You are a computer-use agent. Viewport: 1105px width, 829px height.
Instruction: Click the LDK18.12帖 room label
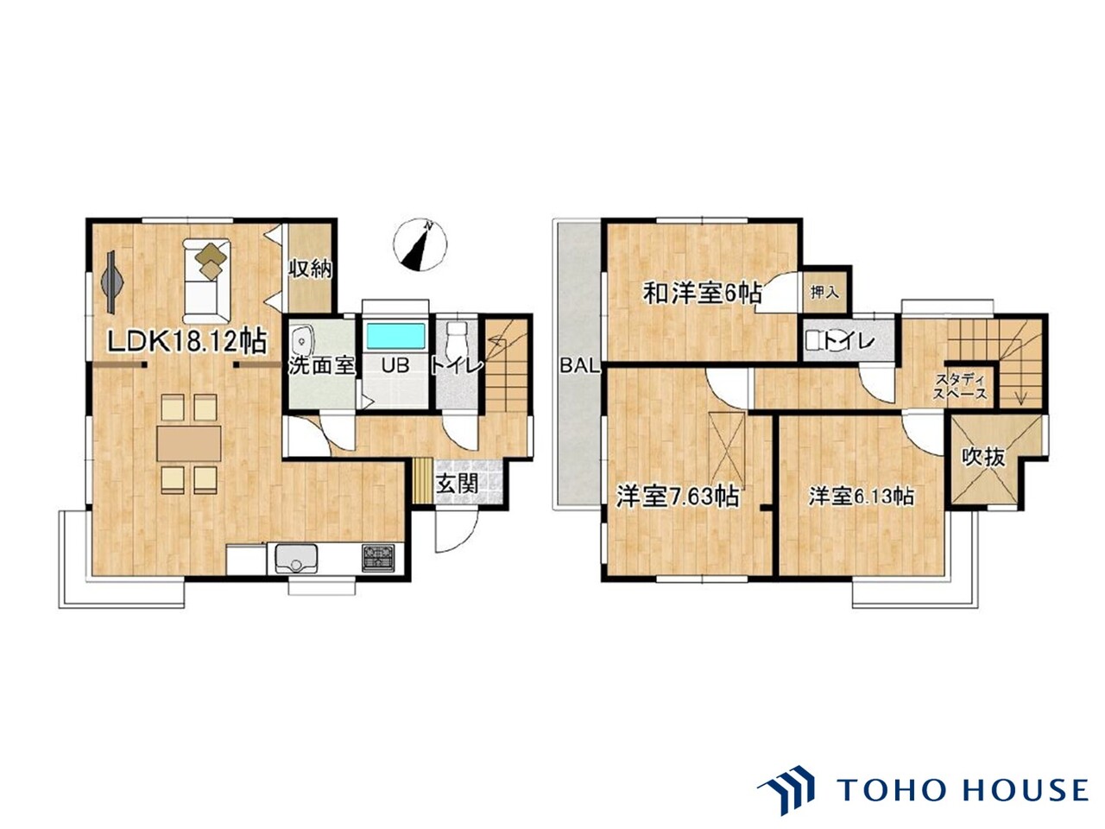click(187, 343)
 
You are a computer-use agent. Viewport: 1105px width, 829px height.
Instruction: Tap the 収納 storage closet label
click(310, 269)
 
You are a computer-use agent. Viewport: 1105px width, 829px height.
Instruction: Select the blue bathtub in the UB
click(395, 336)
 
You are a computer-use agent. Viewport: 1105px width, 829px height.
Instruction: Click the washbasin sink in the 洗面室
click(301, 339)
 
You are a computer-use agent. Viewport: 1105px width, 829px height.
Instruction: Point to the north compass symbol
click(420, 245)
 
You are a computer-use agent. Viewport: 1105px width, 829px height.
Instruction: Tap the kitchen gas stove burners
click(378, 557)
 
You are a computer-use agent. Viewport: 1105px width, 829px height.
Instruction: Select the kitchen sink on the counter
click(295, 558)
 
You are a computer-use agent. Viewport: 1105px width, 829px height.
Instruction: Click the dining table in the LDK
click(188, 444)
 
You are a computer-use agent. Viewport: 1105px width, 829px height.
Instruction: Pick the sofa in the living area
click(206, 282)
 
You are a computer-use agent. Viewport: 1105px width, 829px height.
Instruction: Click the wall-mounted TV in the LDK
click(111, 282)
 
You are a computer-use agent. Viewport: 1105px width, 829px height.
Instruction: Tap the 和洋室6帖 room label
click(702, 293)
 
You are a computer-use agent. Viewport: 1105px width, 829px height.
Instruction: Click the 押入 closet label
click(824, 292)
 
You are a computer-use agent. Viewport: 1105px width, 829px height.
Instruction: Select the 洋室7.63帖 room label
click(678, 497)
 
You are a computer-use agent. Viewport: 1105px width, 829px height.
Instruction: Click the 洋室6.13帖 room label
click(862, 497)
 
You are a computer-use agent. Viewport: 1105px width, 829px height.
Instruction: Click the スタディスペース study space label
click(961, 386)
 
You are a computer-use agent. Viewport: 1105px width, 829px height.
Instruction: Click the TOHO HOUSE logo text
click(963, 789)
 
